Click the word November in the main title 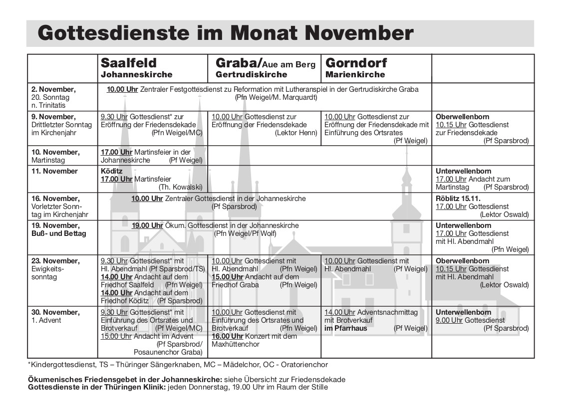click(358, 33)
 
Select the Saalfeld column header click(129, 63)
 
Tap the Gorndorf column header click(356, 63)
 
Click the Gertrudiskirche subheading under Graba click(251, 74)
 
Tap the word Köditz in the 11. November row click(112, 171)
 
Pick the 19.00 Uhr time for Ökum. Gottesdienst click(147, 225)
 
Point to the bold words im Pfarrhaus click(345, 328)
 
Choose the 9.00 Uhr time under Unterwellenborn click(449, 320)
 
